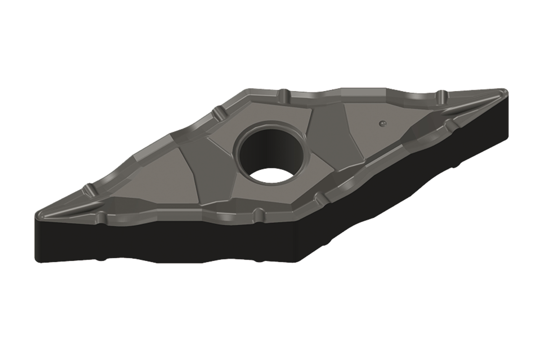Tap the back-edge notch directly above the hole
coord(282,93)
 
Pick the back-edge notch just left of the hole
coord(214,114)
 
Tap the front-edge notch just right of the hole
coord(320,198)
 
